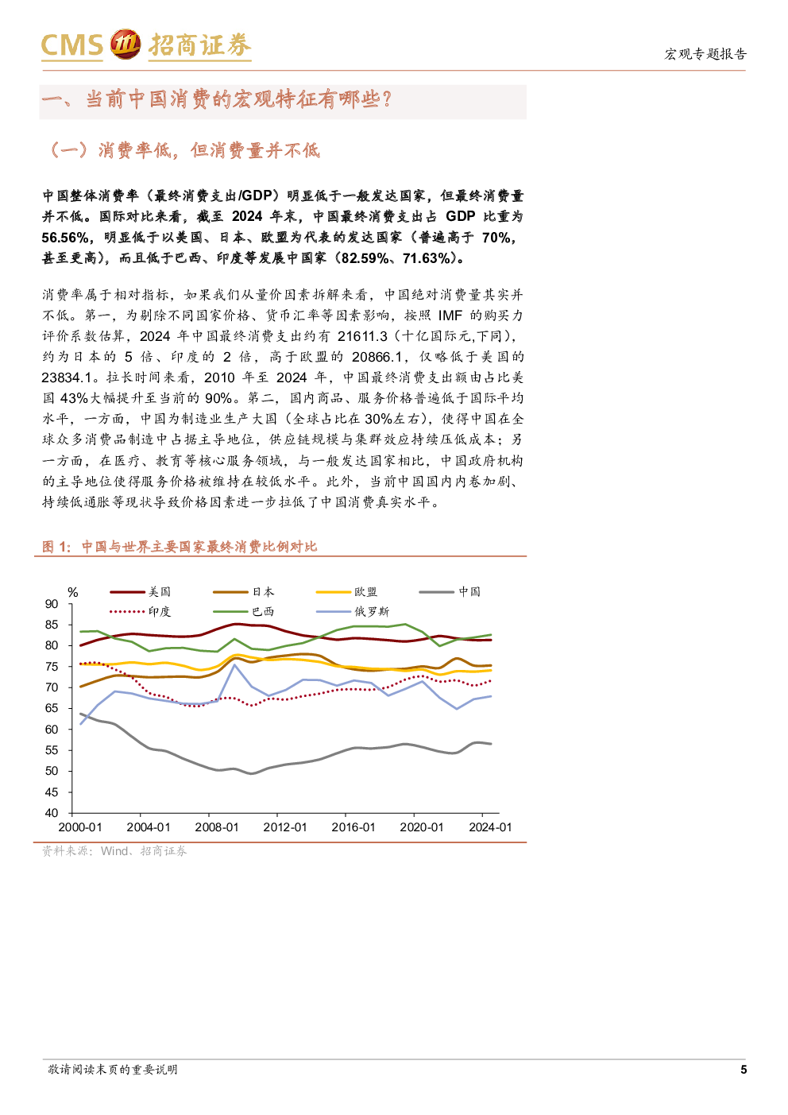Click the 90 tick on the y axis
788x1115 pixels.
[x=52, y=604]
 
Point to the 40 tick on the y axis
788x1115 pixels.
[x=52, y=813]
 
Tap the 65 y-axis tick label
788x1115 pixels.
[x=52, y=708]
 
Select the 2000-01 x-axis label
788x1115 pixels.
[x=80, y=827]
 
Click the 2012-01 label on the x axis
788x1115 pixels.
[x=285, y=827]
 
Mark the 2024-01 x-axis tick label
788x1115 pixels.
[x=490, y=827]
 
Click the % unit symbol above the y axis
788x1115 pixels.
[x=73, y=593]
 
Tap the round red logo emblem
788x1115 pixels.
[x=125, y=45]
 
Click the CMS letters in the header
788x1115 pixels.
[x=72, y=46]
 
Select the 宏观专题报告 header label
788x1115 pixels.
[x=705, y=54]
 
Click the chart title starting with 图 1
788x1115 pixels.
[x=180, y=547]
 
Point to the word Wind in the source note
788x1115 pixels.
[x=114, y=851]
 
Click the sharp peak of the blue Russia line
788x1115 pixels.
[x=234, y=664]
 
